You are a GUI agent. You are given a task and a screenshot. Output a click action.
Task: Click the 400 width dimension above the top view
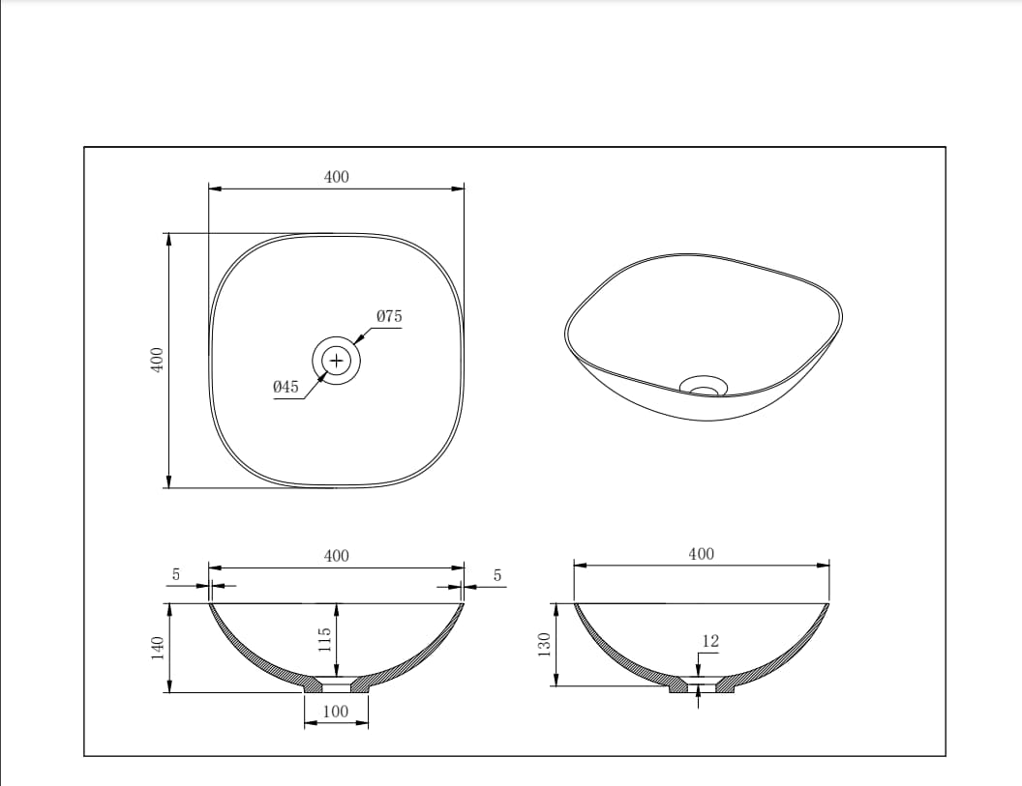click(x=336, y=177)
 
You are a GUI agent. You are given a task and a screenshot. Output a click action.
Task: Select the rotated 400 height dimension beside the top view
click(x=156, y=360)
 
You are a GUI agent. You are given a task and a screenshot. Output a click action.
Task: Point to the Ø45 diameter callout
click(x=286, y=387)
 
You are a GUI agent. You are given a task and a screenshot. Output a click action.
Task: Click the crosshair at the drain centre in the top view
click(x=336, y=361)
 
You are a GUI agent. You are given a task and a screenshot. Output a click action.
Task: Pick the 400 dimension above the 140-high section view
click(x=336, y=556)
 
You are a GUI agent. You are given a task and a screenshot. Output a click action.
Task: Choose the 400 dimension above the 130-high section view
click(x=701, y=554)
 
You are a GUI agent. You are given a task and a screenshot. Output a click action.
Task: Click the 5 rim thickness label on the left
click(x=176, y=574)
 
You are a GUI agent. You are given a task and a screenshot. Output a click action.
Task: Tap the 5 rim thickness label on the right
click(x=497, y=575)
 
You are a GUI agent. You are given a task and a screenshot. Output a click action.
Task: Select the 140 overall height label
click(x=156, y=648)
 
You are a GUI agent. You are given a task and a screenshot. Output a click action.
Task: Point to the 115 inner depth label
click(x=325, y=639)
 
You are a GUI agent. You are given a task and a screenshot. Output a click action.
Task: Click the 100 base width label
click(x=335, y=712)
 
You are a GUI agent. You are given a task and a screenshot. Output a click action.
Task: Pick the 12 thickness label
click(x=710, y=641)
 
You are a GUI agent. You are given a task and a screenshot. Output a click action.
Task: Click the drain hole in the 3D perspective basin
click(x=704, y=389)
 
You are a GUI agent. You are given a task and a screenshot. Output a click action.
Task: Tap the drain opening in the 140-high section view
click(x=336, y=686)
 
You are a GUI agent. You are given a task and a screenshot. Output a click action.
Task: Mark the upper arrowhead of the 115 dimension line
click(x=336, y=607)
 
